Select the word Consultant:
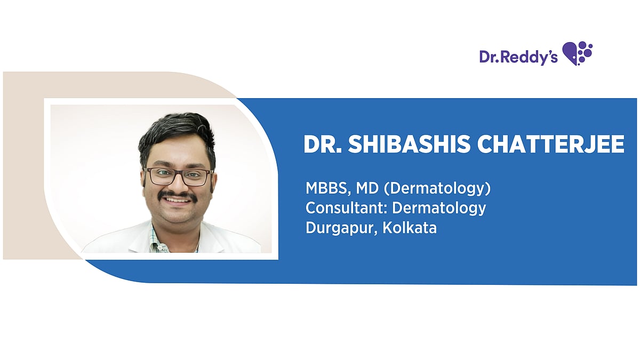click(346, 208)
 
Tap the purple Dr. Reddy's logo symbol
click(578, 53)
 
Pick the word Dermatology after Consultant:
click(439, 208)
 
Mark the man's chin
click(178, 215)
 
